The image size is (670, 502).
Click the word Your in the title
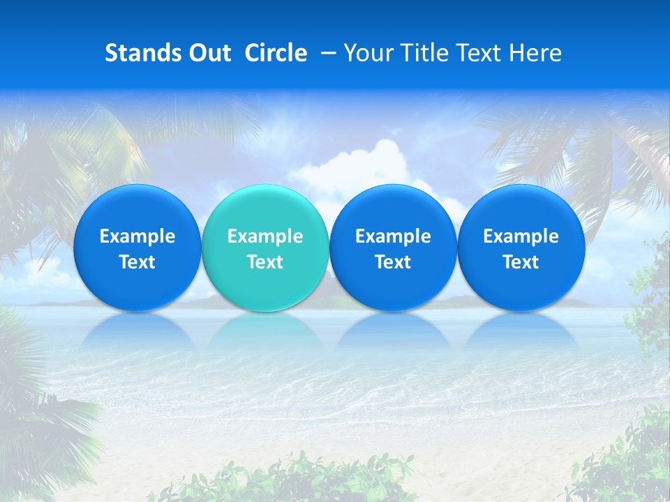pos(366,53)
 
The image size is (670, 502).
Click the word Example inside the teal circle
pos(265,236)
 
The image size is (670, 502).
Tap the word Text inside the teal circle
pos(265,262)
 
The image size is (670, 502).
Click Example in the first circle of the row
pos(137,236)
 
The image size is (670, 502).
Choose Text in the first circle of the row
pos(137,262)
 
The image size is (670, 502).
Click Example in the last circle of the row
pos(521,236)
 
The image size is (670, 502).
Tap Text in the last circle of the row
pos(521,262)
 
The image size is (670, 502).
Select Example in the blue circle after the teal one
pos(393,236)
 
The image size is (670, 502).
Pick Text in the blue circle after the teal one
pos(393,262)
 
